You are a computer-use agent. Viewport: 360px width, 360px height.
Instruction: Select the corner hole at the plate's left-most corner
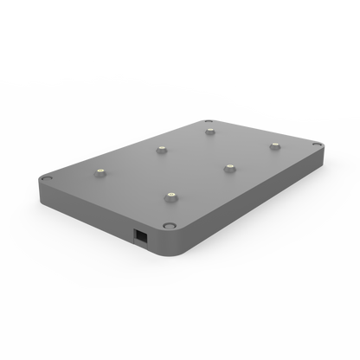(47, 177)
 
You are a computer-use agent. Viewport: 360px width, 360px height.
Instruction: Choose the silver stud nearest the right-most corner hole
(274, 145)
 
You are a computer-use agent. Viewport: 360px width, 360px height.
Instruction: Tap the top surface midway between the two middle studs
(196, 158)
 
